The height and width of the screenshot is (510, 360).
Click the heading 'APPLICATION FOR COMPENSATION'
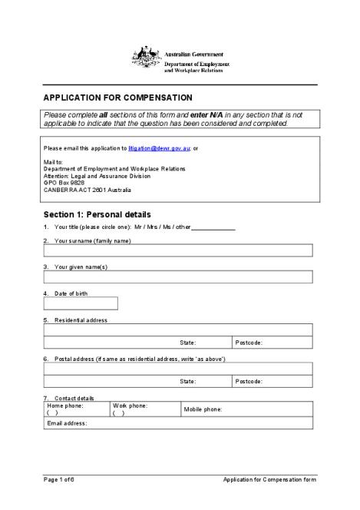tap(117, 98)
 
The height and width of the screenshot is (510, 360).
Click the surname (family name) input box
tap(178, 250)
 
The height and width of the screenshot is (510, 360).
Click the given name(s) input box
tap(178, 277)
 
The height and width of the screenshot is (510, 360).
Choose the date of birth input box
tap(81, 303)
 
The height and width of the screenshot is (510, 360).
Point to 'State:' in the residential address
tap(188, 343)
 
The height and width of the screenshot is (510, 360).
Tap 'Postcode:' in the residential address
tap(249, 343)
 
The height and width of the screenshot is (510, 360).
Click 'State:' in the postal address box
tap(188, 381)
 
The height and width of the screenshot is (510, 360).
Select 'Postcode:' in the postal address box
tap(249, 381)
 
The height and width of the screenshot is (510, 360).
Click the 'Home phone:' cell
tap(76, 409)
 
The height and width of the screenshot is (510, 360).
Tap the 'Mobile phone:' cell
tap(246, 409)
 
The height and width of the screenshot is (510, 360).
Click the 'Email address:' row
tap(178, 423)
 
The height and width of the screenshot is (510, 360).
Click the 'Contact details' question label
tap(74, 398)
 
